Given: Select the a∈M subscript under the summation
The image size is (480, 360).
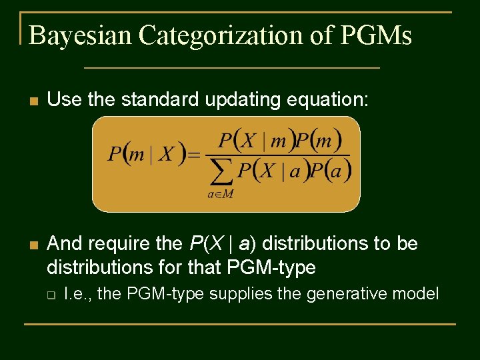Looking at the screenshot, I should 220,194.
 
